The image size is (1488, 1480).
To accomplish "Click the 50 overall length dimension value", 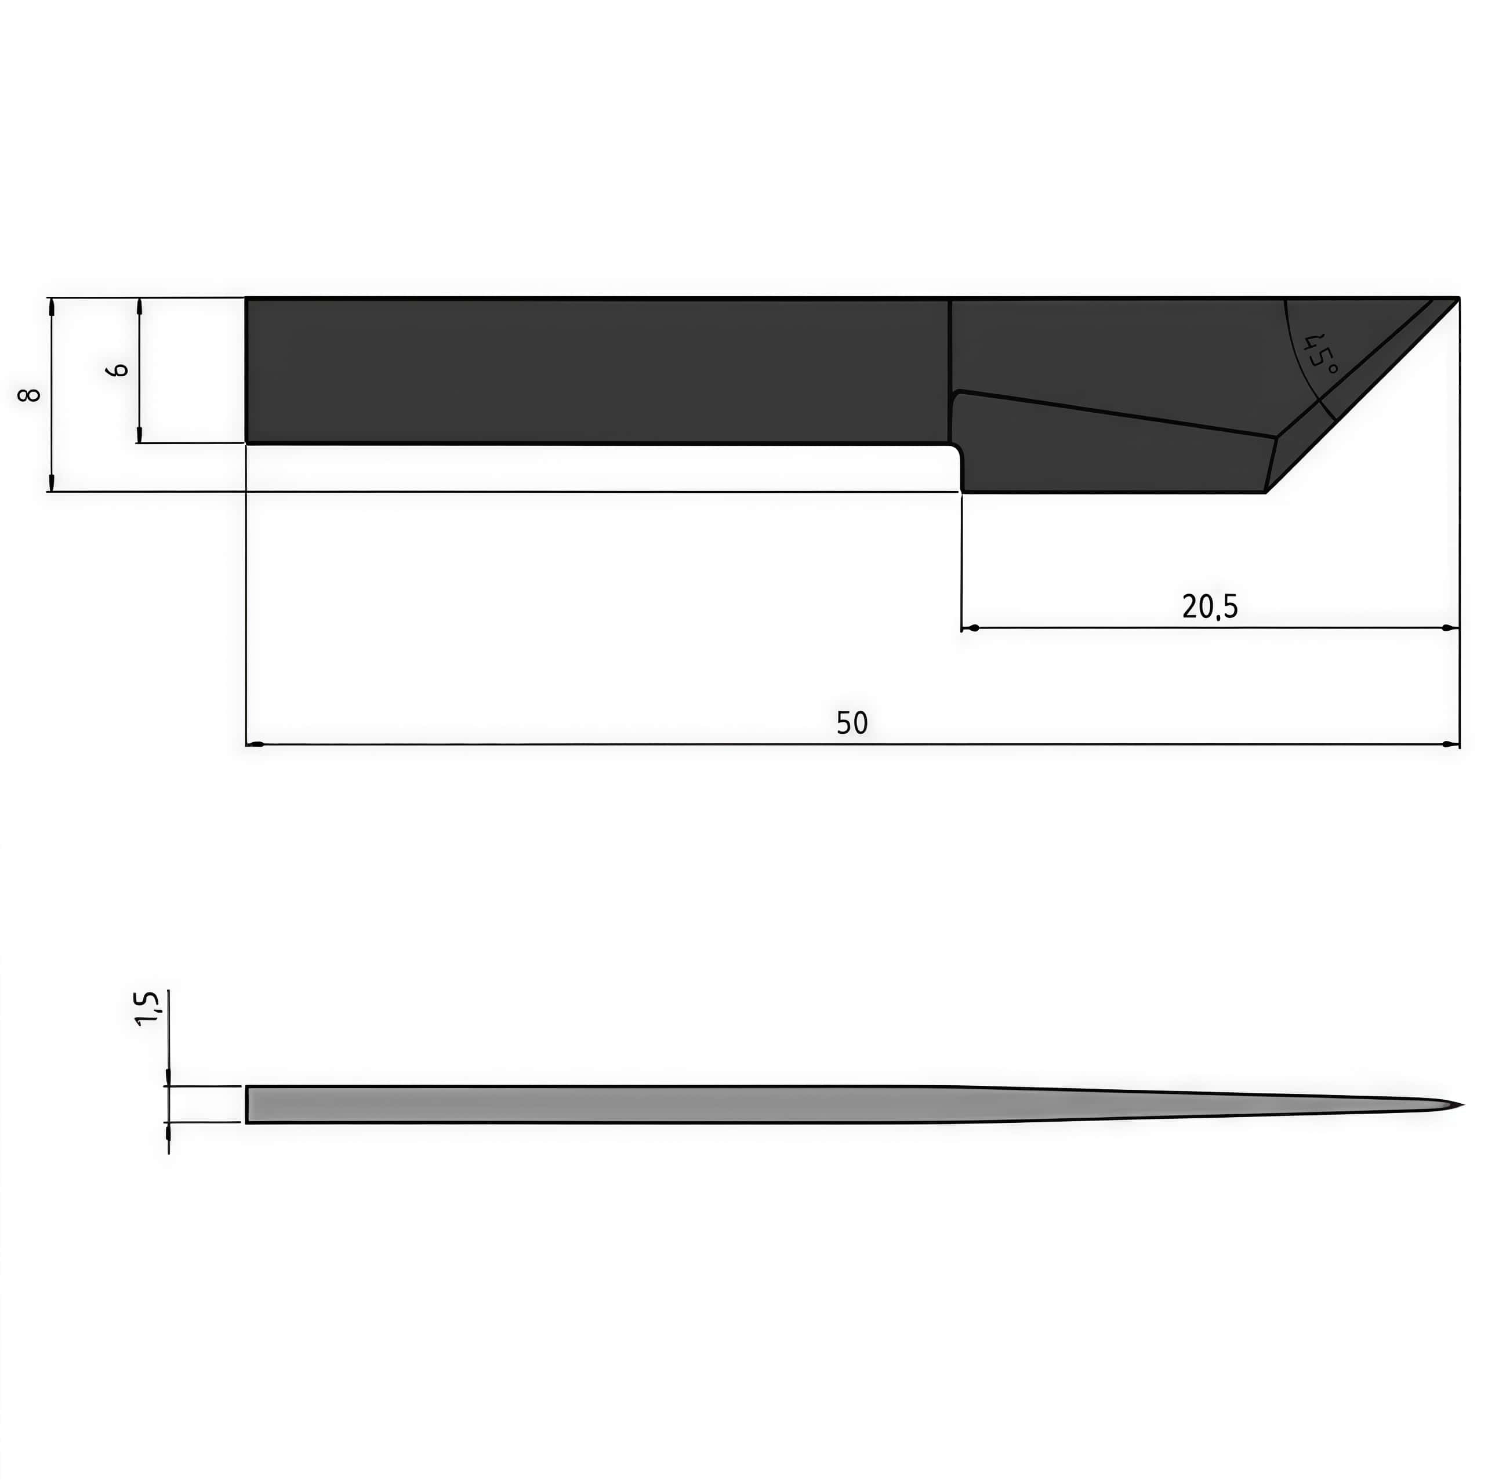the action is [852, 723].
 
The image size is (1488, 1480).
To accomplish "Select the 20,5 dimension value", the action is [1210, 607].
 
